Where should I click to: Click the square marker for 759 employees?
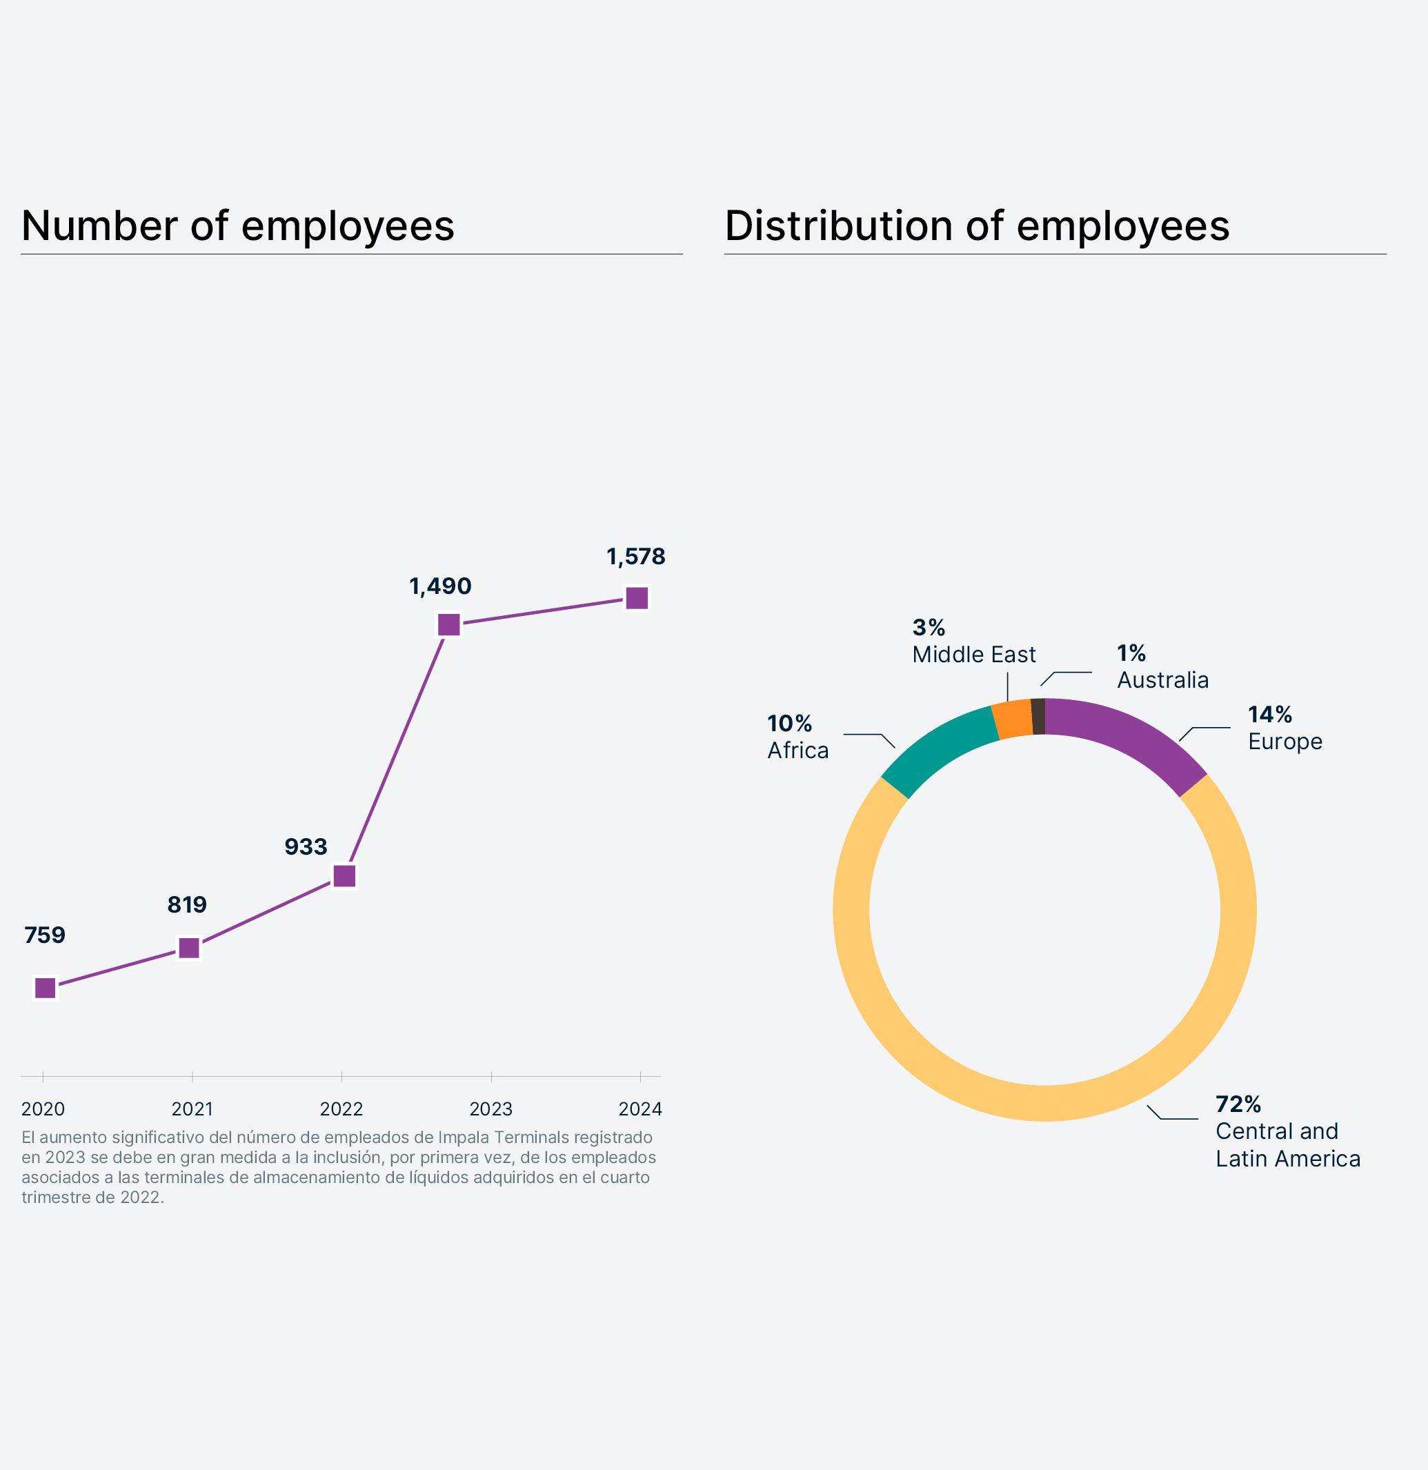[45, 988]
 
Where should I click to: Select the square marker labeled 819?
[189, 948]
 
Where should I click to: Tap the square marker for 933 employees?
[344, 875]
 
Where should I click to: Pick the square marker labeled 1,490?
[448, 624]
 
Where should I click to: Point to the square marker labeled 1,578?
[637, 598]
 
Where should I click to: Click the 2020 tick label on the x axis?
[43, 1109]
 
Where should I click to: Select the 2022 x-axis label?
[341, 1109]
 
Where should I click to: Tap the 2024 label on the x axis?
[639, 1109]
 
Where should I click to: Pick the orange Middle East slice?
[1012, 719]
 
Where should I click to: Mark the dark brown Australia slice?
[1038, 716]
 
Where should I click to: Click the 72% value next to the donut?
[1238, 1104]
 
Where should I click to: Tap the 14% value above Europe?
[1270, 714]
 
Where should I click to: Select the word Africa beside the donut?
[798, 750]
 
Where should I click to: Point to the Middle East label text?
[973, 654]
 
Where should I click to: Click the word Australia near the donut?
[1162, 679]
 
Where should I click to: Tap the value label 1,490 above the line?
[440, 586]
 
